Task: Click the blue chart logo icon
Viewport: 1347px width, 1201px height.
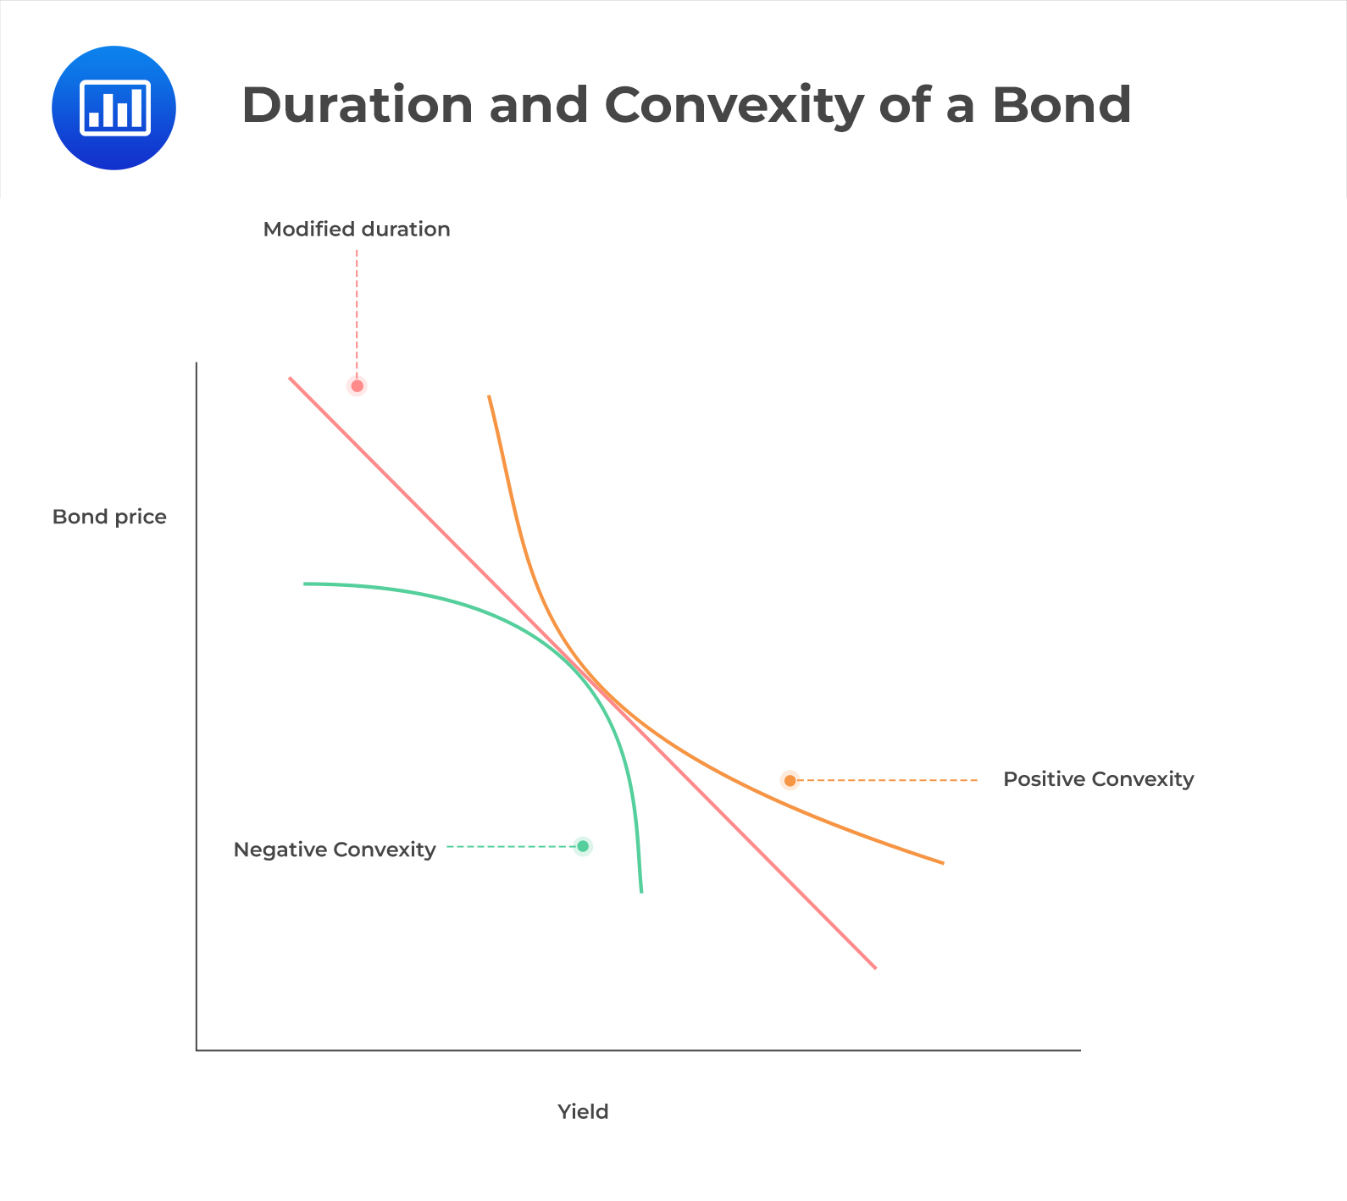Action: pos(114,108)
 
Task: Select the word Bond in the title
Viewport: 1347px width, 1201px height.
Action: pos(1062,105)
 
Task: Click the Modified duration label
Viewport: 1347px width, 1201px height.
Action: pos(357,230)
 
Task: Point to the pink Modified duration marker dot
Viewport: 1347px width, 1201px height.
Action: pos(357,386)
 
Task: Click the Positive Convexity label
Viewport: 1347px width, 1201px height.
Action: pos(1098,779)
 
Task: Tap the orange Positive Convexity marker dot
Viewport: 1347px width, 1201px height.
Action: pos(790,780)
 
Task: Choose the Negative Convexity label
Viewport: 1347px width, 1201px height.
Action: pos(335,850)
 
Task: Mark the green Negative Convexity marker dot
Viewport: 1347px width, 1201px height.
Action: pos(583,846)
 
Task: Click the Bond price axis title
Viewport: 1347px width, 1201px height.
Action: pos(109,517)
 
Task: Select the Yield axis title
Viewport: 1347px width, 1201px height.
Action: pos(583,1111)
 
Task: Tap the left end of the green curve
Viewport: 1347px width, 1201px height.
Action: pos(306,584)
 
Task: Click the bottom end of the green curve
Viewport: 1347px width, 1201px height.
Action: pos(641,890)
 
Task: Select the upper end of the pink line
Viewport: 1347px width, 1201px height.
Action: pos(291,379)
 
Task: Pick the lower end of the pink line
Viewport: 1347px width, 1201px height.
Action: pos(874,966)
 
